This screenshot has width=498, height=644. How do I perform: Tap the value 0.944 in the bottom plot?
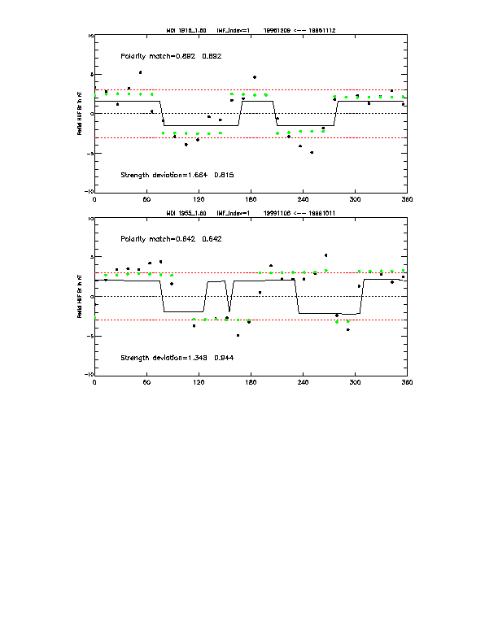click(225, 358)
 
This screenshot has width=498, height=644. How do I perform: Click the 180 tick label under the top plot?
click(251, 198)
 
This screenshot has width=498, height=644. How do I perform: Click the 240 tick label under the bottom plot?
click(303, 381)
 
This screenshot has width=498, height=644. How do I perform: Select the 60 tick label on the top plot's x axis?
click(146, 198)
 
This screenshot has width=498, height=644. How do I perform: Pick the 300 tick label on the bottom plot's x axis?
click(355, 381)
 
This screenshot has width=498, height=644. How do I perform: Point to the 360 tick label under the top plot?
click(406, 198)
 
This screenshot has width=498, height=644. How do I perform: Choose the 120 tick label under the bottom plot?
click(199, 381)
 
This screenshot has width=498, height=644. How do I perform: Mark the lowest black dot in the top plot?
click(312, 152)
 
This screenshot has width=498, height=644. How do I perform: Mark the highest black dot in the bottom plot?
click(326, 255)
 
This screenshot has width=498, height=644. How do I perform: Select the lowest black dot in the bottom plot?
click(238, 335)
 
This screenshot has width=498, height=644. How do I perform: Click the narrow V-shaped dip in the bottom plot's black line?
click(229, 310)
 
